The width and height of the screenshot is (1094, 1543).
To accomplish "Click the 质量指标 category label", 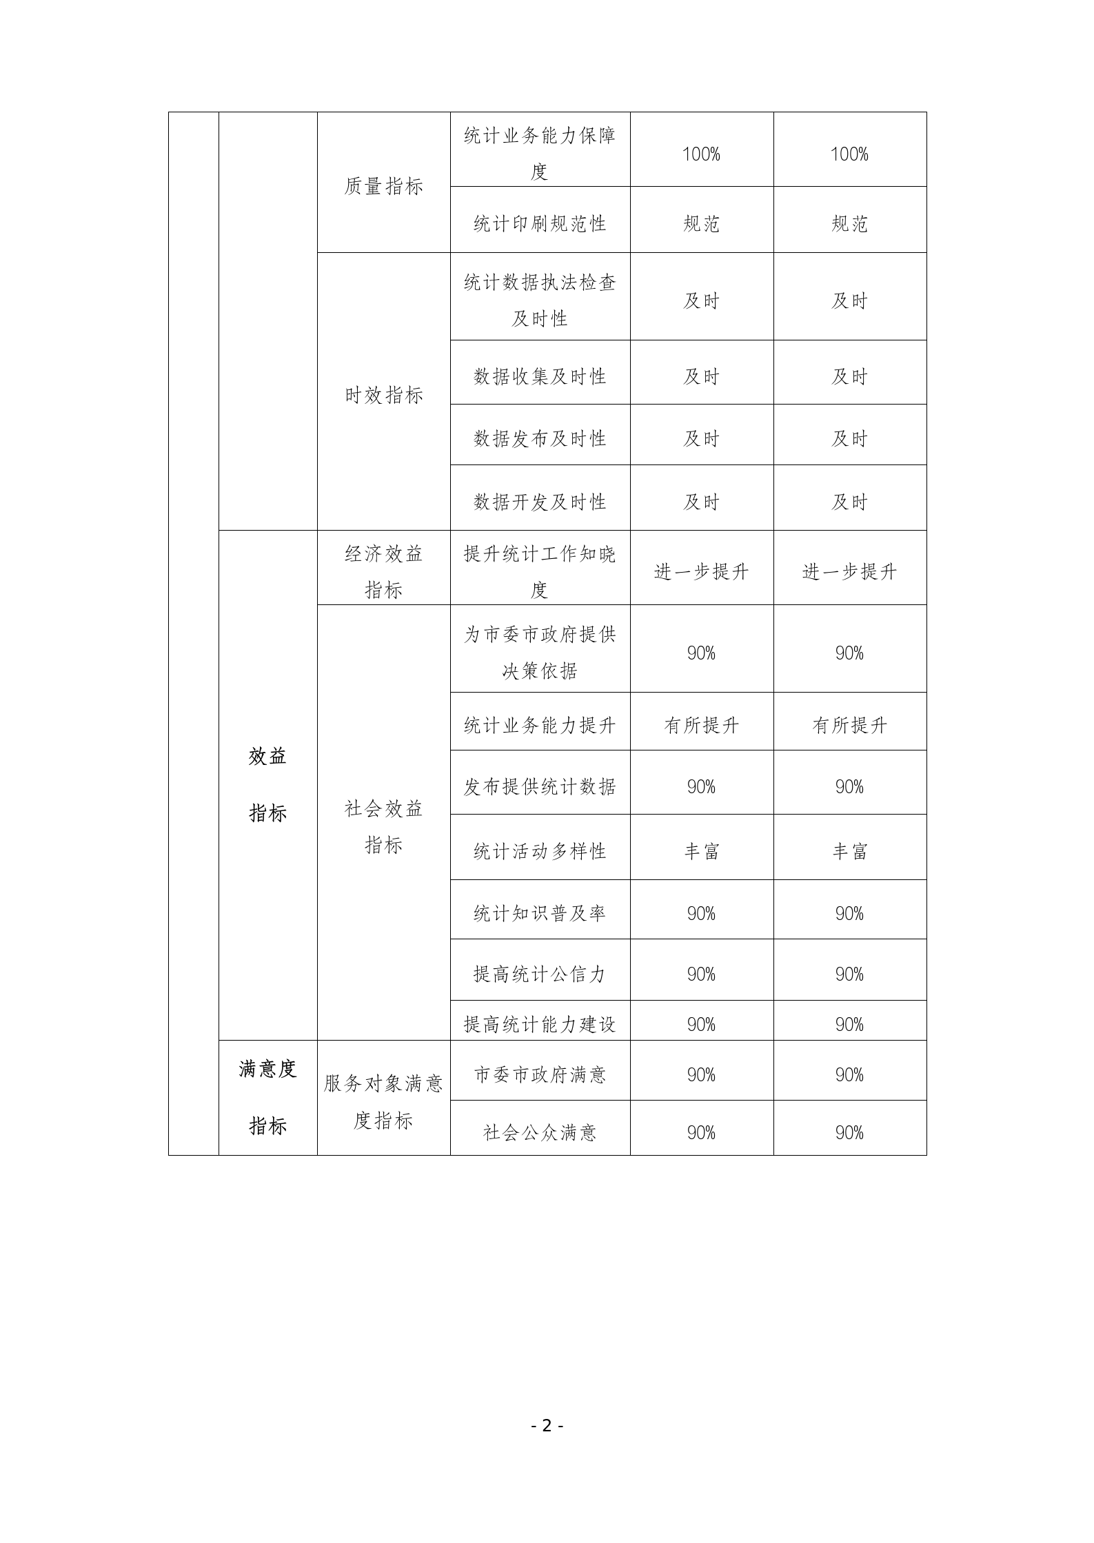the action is point(383,186).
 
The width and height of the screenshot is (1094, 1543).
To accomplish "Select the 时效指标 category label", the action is point(383,395).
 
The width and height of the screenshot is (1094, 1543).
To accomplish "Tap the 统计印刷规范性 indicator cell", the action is point(540,223).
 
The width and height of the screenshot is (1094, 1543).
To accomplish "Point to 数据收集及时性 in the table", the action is point(540,376).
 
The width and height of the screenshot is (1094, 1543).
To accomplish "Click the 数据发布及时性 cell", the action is point(540,438).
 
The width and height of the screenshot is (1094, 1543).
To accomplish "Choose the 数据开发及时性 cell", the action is point(540,502).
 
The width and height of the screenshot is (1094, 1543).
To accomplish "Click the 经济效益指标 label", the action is point(383,571).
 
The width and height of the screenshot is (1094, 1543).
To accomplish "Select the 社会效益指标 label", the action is point(383,826).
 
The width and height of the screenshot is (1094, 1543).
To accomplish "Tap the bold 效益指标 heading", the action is point(267,785).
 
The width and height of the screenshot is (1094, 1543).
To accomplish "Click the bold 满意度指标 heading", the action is point(267,1097).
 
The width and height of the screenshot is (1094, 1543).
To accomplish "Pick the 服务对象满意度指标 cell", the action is point(383,1102).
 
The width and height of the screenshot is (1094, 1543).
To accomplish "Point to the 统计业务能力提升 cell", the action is point(540,725).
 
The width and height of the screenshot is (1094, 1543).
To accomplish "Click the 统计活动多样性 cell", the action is point(540,851).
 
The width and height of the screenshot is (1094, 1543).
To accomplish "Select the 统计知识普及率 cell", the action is point(540,913).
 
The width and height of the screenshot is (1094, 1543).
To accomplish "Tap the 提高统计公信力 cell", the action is point(540,974).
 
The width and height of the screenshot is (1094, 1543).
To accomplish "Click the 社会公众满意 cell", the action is point(540,1132).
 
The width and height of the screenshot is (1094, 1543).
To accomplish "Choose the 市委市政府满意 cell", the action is point(540,1074).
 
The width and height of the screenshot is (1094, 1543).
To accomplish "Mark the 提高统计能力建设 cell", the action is point(540,1024).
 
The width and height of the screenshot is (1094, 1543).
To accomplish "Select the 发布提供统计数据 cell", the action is point(540,786).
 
